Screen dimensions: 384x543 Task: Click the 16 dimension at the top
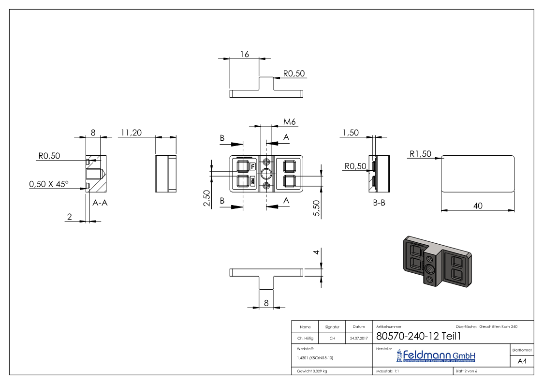point(244,54)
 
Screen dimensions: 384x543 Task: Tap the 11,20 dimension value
point(131,133)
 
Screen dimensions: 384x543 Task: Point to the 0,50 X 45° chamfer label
point(49,184)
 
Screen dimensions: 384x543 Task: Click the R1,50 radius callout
point(420,154)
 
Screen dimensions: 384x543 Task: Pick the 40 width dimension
point(478,206)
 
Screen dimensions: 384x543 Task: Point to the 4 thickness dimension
point(315,252)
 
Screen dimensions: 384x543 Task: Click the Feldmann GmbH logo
point(436,356)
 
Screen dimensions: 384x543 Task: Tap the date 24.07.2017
point(358,339)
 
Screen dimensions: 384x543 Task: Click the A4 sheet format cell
point(522,361)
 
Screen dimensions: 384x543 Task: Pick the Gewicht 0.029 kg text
point(312,371)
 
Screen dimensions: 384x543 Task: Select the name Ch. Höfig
point(305,339)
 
